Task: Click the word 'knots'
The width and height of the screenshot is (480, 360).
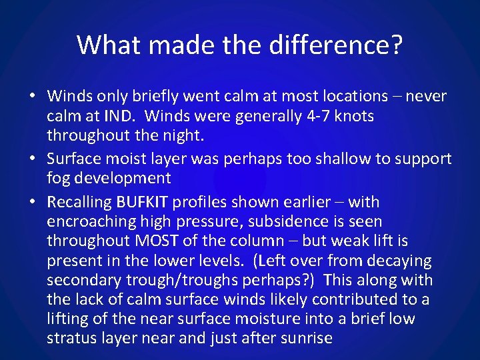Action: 353,116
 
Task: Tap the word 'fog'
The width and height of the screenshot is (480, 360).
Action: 59,178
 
